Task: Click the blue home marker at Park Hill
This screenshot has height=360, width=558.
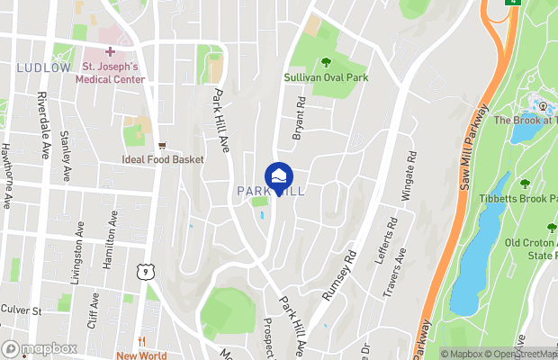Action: point(279,175)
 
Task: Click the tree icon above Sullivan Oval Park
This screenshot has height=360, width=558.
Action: point(326,62)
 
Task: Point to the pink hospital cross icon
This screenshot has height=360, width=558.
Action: point(110,52)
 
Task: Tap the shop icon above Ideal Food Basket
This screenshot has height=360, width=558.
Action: point(162,145)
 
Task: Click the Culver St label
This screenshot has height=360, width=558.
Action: point(23,310)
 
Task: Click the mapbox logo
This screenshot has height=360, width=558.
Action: point(40,349)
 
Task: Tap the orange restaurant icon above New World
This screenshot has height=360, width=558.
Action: point(141,341)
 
